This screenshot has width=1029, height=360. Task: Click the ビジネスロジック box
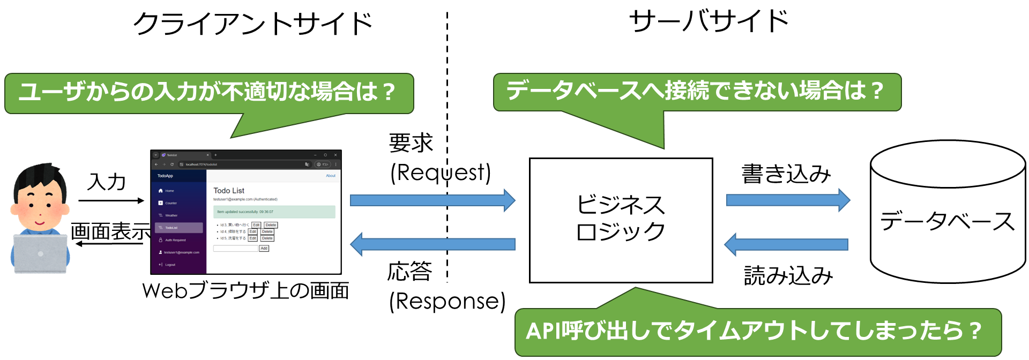coord(621,220)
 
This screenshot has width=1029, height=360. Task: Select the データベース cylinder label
coord(947,221)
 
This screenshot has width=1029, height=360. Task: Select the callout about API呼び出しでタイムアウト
coord(756,332)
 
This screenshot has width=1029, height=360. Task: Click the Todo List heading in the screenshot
coord(229,191)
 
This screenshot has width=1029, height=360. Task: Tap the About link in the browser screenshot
coord(331,176)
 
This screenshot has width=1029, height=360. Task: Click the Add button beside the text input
coord(264,249)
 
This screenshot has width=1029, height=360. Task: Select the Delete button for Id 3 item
coord(271,225)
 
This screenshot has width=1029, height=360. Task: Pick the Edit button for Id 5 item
coord(252,238)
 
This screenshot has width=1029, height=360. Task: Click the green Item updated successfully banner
coord(274,212)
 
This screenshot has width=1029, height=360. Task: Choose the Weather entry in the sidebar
coord(171,215)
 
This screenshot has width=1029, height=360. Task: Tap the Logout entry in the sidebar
coord(170,265)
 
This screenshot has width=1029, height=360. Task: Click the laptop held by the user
coord(40,254)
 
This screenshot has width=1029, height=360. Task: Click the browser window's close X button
coord(335,155)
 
